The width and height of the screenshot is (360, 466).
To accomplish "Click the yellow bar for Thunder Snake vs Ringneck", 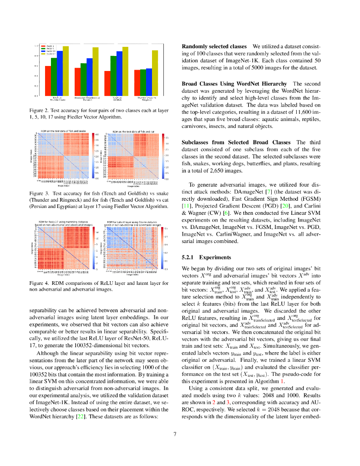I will point(155,73).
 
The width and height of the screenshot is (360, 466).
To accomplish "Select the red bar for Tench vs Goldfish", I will point(107,83).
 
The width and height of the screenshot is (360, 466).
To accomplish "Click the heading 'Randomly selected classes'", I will point(214,47).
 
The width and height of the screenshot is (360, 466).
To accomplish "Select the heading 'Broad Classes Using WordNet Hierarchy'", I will point(234,84).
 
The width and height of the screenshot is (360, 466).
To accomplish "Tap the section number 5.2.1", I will point(188,257).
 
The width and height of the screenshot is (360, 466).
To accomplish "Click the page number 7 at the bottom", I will point(175,434).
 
